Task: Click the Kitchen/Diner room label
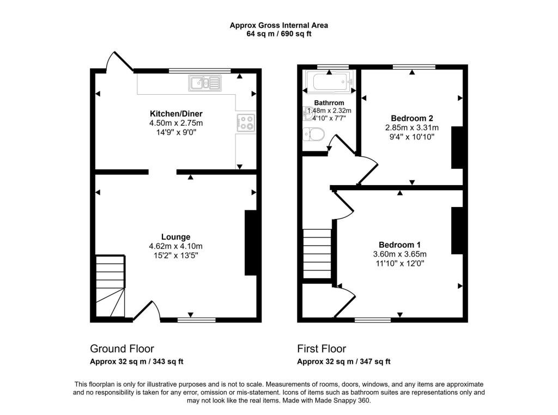pos(176,114)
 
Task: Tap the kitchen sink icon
pos(205,83)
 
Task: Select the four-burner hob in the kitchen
pos(246,123)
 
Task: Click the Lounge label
pos(176,237)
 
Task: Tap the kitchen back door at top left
pos(120,61)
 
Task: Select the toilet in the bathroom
pos(314,135)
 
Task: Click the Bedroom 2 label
pos(412,118)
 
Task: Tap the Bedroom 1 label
pos(399,245)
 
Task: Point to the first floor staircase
pos(317,254)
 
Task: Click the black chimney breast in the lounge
pos(251,242)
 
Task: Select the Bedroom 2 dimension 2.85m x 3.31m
pos(412,127)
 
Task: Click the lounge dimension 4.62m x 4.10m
pos(176,246)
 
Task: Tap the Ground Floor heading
pos(122,349)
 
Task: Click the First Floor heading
pos(322,349)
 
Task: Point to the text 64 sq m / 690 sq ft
pos(279,34)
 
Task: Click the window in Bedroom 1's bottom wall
pos(373,320)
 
